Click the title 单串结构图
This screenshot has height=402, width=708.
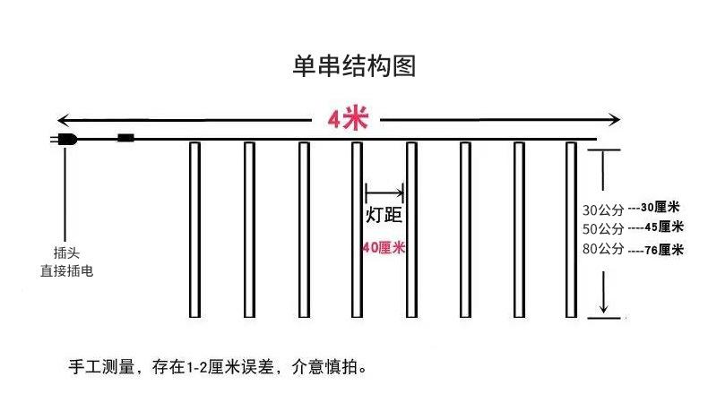pyautogui.click(x=353, y=66)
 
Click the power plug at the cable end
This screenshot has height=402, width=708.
pyautogui.click(x=65, y=139)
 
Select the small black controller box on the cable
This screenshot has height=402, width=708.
pyautogui.click(x=125, y=138)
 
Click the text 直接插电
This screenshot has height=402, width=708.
pyautogui.click(x=66, y=270)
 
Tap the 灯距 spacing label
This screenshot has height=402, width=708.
pyautogui.click(x=384, y=216)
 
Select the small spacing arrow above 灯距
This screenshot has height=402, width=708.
pyautogui.click(x=384, y=191)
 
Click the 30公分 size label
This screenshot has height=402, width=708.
pyautogui.click(x=602, y=210)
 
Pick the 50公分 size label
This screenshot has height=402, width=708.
pyautogui.click(x=602, y=229)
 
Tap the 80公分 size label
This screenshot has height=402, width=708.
pyautogui.click(x=602, y=249)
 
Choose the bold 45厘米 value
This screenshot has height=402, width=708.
pyautogui.click(x=664, y=227)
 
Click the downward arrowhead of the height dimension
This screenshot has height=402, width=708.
pyautogui.click(x=603, y=308)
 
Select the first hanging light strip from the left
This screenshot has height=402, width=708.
pyautogui.click(x=194, y=229)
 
